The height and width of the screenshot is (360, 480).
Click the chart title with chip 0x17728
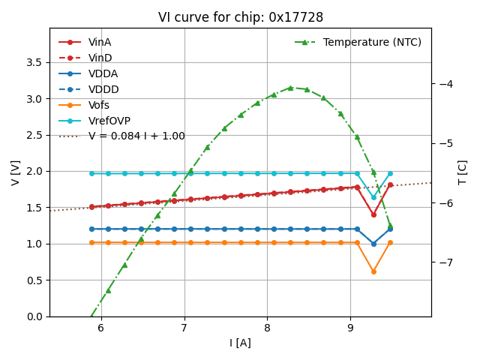(x=240, y=17)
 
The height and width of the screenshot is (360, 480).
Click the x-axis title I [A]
(x=240, y=343)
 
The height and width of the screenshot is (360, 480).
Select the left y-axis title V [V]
(x=16, y=172)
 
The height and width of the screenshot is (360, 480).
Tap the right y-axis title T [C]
(x=463, y=172)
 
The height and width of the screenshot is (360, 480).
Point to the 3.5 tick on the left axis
(x=34, y=62)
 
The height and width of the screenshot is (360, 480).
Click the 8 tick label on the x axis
(x=267, y=328)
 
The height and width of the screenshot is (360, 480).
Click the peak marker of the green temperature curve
(x=290, y=88)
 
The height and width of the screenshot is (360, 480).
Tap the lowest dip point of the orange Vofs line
(x=373, y=271)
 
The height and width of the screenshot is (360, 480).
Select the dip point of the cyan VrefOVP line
(x=373, y=197)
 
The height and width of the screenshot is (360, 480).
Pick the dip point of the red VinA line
(x=373, y=214)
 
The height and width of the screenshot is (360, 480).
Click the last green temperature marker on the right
(x=390, y=225)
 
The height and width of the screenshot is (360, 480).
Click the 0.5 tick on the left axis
(x=34, y=280)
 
